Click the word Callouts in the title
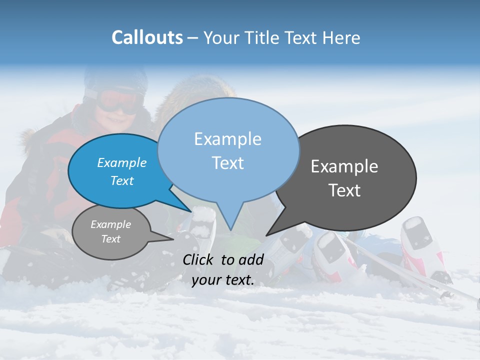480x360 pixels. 147,38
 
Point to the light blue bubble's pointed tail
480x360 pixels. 230,220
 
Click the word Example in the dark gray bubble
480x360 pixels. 344,166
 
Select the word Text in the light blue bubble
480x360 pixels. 228,163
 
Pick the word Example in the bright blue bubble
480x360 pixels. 122,162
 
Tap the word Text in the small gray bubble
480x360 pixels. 111,239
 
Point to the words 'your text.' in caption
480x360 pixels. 223,280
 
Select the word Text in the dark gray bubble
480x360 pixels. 345,190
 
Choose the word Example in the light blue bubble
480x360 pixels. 228,139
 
